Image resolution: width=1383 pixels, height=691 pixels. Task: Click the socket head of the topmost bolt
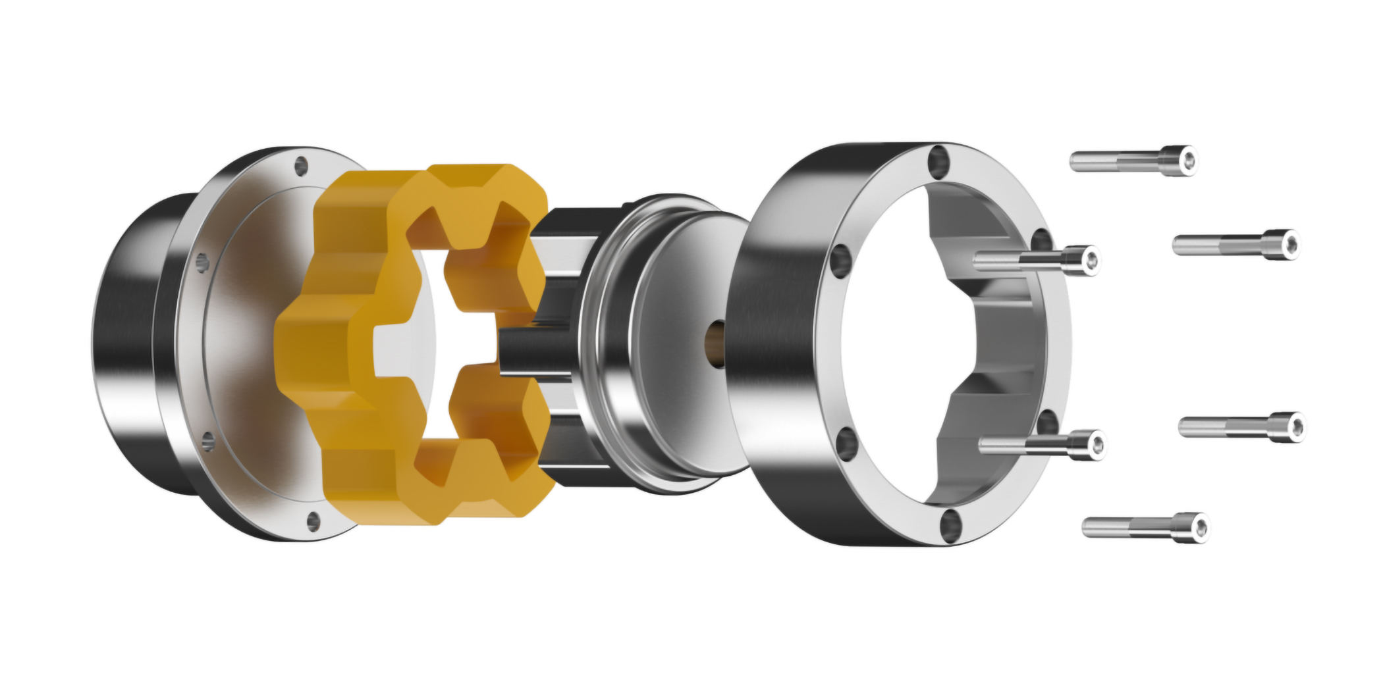(x=1178, y=160)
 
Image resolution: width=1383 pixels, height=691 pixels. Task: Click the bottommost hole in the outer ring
(x=950, y=526)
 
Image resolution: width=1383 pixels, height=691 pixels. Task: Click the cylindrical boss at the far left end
(x=128, y=342)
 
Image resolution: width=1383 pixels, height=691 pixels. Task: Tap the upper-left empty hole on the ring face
(x=842, y=260)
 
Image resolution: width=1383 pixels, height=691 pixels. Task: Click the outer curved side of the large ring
(x=777, y=342)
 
